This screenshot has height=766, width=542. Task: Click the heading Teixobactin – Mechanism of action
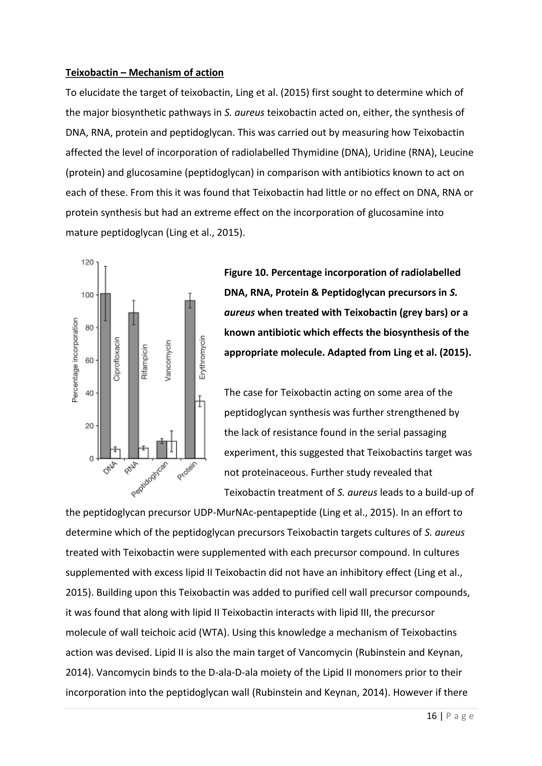[x=144, y=72]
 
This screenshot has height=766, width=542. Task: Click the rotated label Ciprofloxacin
[x=116, y=359]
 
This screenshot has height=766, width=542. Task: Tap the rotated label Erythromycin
[x=202, y=357]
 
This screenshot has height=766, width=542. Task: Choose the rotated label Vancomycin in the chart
[x=168, y=360]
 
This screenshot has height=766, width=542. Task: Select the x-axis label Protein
[x=187, y=470]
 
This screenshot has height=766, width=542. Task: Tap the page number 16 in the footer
[x=432, y=716]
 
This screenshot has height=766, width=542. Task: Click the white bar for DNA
[x=115, y=454]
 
